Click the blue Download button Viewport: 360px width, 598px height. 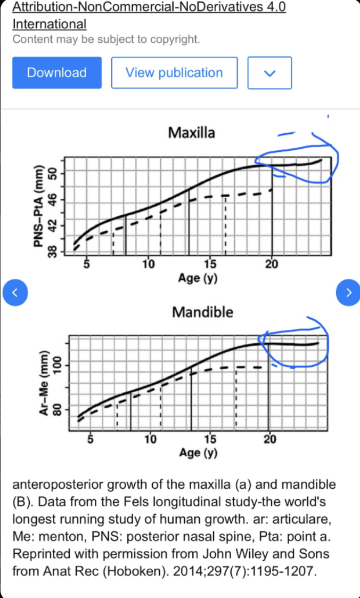coord(56,72)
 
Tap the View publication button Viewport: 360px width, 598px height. coord(174,72)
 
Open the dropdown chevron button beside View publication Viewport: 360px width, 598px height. coord(269,72)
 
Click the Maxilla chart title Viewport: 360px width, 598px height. coord(191,132)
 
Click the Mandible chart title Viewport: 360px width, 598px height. coord(202,312)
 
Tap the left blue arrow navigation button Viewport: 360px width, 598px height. coord(14,292)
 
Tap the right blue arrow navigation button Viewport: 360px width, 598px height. coord(348,292)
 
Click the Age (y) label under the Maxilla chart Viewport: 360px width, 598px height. coord(199,278)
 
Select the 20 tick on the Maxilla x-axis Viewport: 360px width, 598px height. coord(272,263)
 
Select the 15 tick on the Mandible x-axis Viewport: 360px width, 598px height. coord(210,439)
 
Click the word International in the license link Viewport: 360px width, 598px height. coord(49,24)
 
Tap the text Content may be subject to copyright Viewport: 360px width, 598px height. coord(106,39)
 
